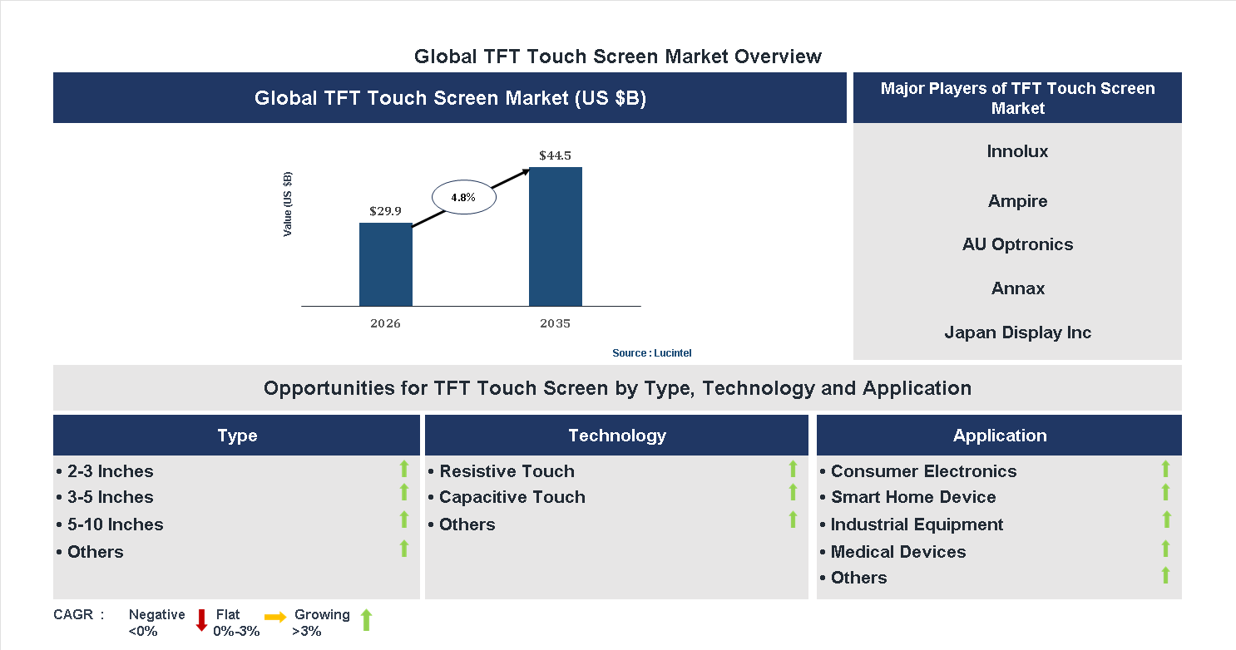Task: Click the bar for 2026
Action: coord(385,264)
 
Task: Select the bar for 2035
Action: coord(555,237)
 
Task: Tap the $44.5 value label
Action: coord(555,155)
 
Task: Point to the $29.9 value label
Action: coord(385,211)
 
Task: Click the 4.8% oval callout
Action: coord(463,198)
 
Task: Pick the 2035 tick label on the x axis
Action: coord(555,323)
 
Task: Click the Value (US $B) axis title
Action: coord(288,204)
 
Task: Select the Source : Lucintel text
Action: coord(651,353)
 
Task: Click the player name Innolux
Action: coord(1017,151)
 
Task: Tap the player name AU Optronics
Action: coord(1017,244)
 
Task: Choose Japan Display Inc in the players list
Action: coord(1017,332)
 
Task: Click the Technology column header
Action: coord(616,436)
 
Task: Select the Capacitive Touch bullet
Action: coord(512,497)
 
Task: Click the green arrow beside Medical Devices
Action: coord(1165,549)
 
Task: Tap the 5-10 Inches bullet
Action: coord(115,524)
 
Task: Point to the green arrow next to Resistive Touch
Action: coord(793,469)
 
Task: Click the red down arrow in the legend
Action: coord(201,620)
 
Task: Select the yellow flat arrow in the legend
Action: coord(275,617)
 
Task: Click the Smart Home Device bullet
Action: coord(912,497)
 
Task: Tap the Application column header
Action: coord(999,436)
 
